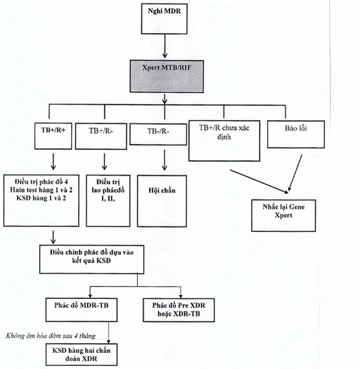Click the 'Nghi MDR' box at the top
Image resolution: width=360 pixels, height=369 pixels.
click(x=164, y=19)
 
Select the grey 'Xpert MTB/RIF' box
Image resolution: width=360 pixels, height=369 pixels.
click(x=167, y=76)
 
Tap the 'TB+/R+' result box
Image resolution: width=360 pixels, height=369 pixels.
click(x=53, y=136)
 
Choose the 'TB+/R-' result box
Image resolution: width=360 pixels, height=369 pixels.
click(x=101, y=136)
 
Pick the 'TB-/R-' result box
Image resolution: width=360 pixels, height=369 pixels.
click(x=158, y=134)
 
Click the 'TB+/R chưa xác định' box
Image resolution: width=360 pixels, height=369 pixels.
click(x=224, y=141)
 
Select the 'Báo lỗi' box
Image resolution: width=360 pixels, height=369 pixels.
click(x=296, y=134)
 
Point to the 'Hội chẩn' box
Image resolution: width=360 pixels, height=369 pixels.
click(x=162, y=201)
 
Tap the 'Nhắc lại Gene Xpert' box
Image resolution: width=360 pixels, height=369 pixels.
click(x=284, y=216)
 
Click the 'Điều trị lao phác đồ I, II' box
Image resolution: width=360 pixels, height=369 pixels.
click(x=108, y=201)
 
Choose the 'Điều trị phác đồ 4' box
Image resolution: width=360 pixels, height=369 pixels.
click(x=41, y=201)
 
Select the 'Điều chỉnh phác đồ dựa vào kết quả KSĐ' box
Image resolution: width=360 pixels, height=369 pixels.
click(x=92, y=260)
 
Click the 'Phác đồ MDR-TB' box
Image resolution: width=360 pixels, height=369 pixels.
click(x=81, y=310)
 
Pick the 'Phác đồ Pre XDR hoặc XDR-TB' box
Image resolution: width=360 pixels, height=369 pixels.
click(x=179, y=310)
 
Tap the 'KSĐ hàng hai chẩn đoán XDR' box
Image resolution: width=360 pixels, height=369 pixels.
click(x=81, y=355)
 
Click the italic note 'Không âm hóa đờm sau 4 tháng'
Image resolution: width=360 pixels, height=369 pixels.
click(x=51, y=336)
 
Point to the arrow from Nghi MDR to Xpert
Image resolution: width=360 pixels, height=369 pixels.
click(x=165, y=46)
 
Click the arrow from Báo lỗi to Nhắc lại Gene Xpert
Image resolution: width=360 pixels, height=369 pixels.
click(x=295, y=173)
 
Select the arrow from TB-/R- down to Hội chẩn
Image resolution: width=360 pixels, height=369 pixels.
click(x=164, y=160)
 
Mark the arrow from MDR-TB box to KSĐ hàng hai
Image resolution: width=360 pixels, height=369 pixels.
click(x=108, y=333)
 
